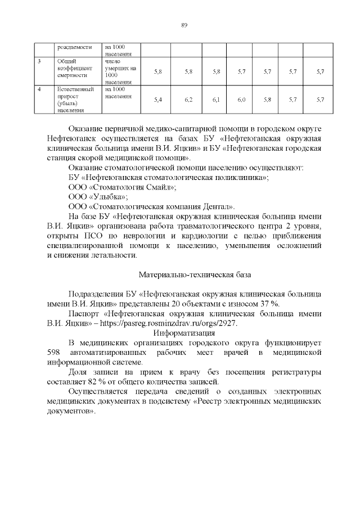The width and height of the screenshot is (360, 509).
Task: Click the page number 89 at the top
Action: (184, 24)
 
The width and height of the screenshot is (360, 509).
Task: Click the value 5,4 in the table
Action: (157, 99)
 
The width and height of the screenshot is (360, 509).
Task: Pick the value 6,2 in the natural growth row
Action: (188, 99)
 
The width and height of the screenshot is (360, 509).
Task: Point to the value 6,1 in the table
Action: (216, 99)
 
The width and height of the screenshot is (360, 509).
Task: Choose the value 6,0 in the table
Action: (241, 99)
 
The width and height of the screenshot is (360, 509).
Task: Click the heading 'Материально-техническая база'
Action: (195, 274)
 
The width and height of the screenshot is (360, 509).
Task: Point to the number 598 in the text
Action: (52, 353)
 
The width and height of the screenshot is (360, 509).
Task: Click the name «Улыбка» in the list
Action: (109, 196)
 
